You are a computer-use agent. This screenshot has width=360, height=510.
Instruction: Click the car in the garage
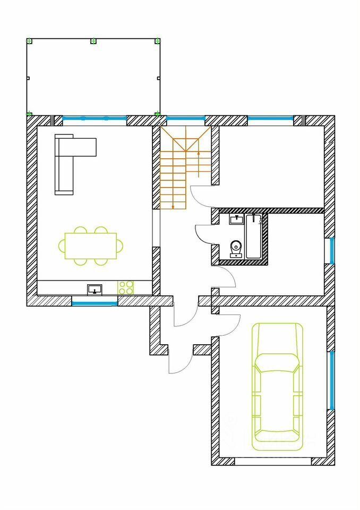pyautogui.click(x=278, y=382)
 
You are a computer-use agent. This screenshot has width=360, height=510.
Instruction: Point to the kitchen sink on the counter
pyautogui.click(x=95, y=289)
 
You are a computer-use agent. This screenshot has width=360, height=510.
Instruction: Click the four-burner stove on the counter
pyautogui.click(x=126, y=287)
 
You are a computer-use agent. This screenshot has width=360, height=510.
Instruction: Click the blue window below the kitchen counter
pyautogui.click(x=95, y=303)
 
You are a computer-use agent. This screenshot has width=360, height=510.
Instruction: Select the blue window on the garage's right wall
pyautogui.click(x=332, y=380)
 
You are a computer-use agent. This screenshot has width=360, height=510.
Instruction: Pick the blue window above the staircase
pyautogui.click(x=186, y=118)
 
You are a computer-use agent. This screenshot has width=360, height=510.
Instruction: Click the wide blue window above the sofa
pyautogui.click(x=95, y=118)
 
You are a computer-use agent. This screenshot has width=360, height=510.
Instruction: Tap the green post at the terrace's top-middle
pyautogui.click(x=93, y=41)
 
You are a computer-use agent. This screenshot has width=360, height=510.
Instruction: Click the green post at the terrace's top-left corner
pyautogui.click(x=30, y=41)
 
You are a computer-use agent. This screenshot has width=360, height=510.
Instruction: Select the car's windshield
pyautogui.click(x=278, y=365)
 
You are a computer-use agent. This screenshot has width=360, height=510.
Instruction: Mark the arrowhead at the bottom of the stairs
pyautogui.click(x=173, y=206)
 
